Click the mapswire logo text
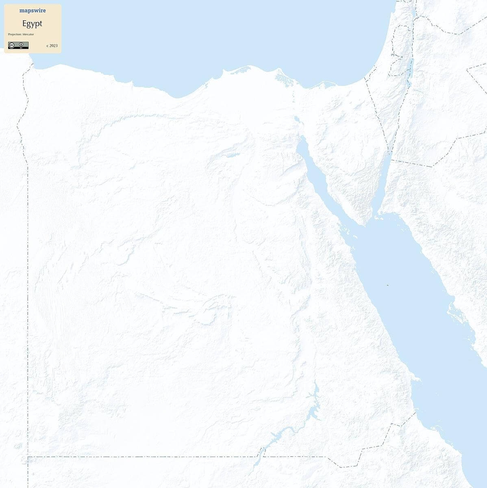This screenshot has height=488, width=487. pos(33,11)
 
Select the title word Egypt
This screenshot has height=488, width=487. pos(32,24)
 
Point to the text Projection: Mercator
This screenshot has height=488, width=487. pos(21,34)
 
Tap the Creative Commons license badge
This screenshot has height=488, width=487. pos(18,45)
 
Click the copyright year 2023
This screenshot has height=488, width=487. pos(52,46)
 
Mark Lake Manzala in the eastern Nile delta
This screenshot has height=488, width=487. pos(280,77)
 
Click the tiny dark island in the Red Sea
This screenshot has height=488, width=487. pos(387,285)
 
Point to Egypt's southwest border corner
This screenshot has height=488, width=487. pos(28,457)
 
